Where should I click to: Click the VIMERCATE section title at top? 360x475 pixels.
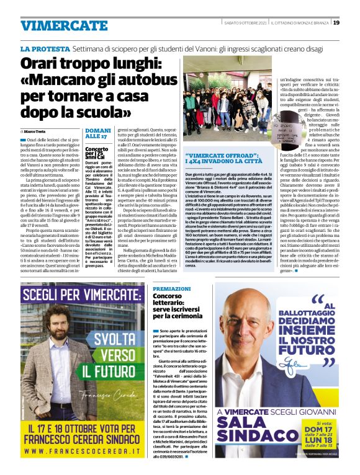(55, 25)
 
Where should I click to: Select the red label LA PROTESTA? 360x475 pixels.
(44, 48)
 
